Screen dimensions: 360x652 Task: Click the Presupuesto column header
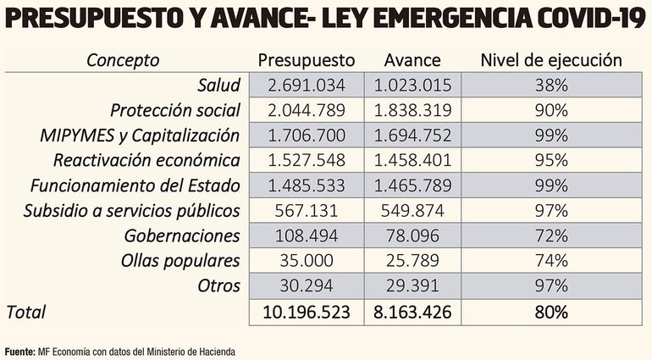click(x=306, y=60)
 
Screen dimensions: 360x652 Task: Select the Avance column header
click(x=412, y=60)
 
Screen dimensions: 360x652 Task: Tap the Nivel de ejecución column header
click(x=551, y=60)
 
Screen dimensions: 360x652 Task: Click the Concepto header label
click(x=122, y=60)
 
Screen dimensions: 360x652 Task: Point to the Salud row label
click(x=219, y=86)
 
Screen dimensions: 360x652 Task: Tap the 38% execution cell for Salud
click(x=551, y=86)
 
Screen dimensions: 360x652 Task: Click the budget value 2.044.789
click(x=306, y=110)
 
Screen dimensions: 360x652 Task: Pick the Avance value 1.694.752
click(x=412, y=136)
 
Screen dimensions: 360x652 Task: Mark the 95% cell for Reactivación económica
click(x=551, y=160)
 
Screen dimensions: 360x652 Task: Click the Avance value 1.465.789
click(x=412, y=186)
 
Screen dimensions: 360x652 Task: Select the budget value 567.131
click(x=306, y=210)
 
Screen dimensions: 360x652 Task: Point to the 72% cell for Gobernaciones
click(x=551, y=235)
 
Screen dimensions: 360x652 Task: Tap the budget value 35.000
click(x=306, y=260)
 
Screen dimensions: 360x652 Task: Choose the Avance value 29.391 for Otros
click(x=412, y=285)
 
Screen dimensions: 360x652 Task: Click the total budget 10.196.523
click(x=306, y=312)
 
